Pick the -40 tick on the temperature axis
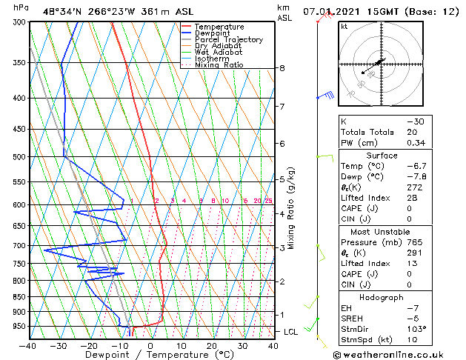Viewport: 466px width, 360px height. pos(28,345)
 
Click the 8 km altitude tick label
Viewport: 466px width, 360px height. pos(282,68)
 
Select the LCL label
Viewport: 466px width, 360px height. pos(291,332)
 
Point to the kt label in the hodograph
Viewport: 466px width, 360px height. pos(344,27)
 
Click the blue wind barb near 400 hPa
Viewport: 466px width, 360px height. pos(325,96)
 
